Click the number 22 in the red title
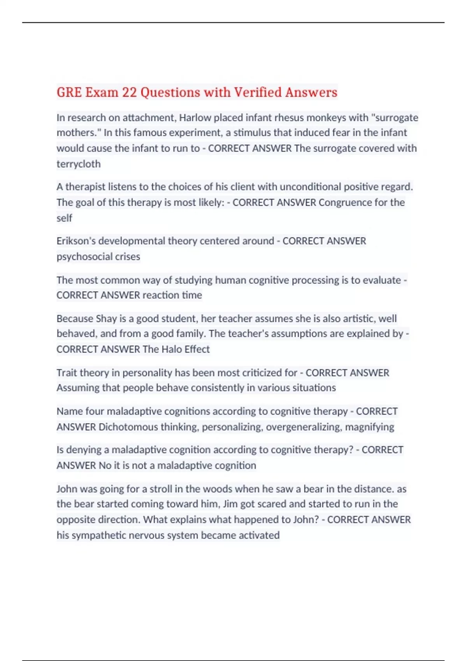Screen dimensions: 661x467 pos(129,93)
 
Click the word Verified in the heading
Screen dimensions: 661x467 pos(258,93)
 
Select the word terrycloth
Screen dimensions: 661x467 pos(79,164)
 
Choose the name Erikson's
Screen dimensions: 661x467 pos(76,241)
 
